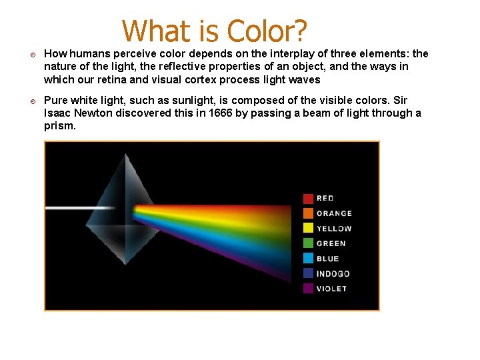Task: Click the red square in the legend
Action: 308,198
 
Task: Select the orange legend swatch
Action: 308,213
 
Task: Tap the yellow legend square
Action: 308,229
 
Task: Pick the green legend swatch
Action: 308,243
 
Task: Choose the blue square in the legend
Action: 308,259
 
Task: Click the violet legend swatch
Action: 308,289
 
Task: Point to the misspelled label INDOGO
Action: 333,274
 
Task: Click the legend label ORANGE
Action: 334,213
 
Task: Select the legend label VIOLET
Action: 331,289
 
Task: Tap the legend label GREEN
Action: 331,243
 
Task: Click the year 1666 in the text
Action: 221,113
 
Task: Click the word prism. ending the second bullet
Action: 60,125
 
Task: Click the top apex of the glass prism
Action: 125,155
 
